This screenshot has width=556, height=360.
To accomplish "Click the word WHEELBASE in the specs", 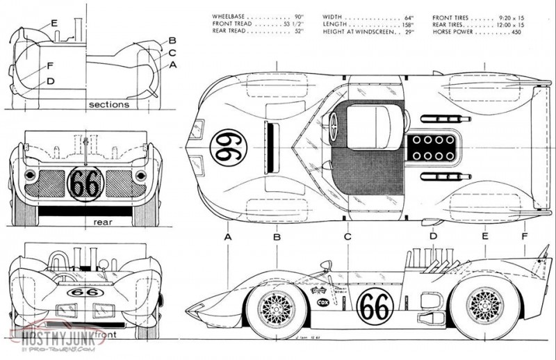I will (x=232, y=16).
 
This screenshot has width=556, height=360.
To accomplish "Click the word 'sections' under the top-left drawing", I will (x=109, y=105).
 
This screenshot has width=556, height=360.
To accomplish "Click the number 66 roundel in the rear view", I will (x=86, y=183).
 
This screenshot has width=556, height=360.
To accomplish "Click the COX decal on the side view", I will (x=322, y=302).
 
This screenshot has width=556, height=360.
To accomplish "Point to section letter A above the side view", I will (x=227, y=237).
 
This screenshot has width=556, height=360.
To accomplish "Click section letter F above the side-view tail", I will (x=523, y=237).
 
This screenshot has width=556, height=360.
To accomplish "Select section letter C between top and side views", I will (x=347, y=237).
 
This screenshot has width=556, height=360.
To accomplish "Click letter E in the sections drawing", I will (x=54, y=23).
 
